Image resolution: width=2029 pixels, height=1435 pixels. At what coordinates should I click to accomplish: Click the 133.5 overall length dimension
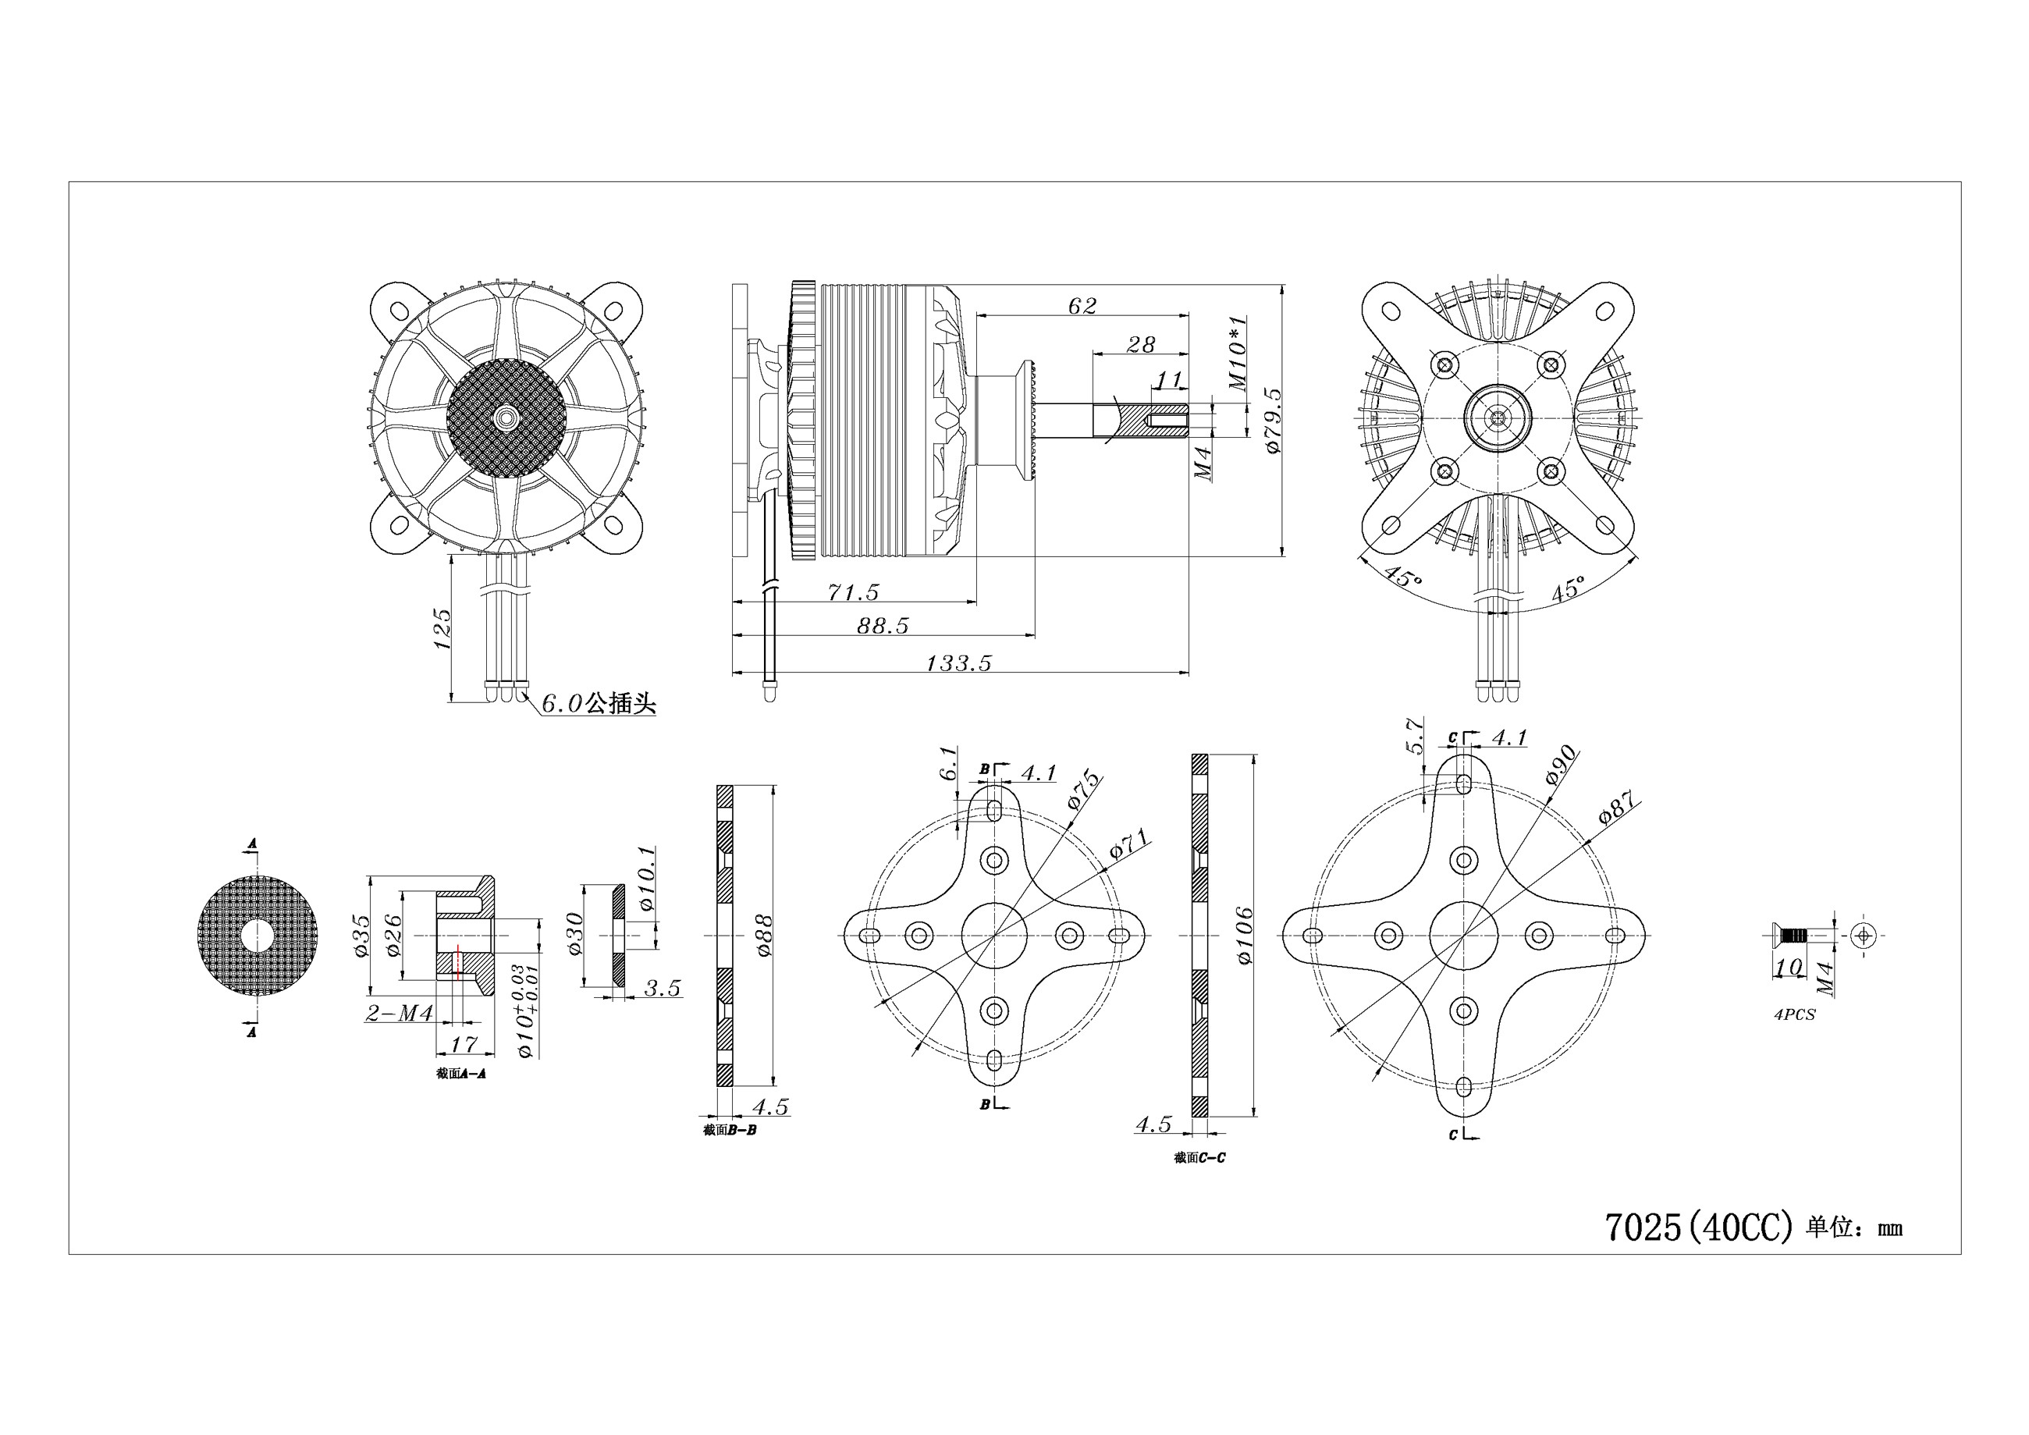click(959, 662)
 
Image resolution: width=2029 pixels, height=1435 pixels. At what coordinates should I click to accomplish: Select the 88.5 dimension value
click(883, 625)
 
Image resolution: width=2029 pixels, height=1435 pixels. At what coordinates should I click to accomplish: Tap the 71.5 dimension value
click(853, 591)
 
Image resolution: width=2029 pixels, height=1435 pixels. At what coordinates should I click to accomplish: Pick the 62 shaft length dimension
click(1082, 305)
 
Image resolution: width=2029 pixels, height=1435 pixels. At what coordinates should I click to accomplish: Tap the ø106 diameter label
click(1244, 935)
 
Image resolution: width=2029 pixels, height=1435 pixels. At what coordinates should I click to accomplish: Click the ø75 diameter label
click(1083, 790)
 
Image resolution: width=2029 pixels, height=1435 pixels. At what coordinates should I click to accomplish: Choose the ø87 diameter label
click(1619, 808)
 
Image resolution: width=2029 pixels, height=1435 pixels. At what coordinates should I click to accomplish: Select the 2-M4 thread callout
click(400, 1013)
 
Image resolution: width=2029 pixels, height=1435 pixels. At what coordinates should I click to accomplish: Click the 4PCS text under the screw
click(1794, 1014)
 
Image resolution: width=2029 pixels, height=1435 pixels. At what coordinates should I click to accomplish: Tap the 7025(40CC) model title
click(1698, 1227)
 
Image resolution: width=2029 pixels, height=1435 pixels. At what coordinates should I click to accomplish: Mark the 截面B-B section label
click(730, 1129)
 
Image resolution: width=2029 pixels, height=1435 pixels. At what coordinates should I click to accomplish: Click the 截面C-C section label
click(1200, 1157)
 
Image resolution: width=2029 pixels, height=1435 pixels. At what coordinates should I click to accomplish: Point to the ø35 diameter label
click(361, 935)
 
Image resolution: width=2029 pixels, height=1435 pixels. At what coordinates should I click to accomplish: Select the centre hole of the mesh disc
click(256, 936)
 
